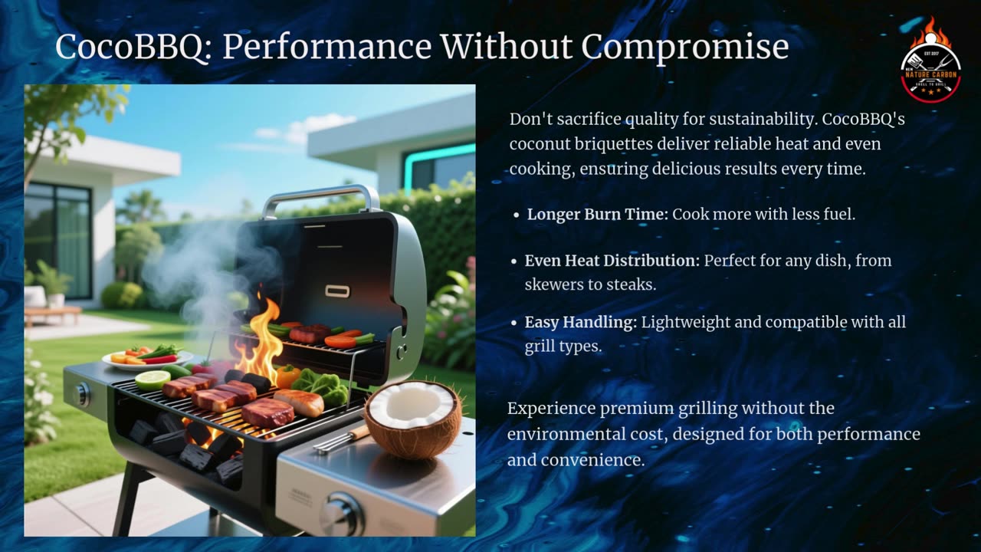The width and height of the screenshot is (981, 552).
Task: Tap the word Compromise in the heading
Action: (x=684, y=47)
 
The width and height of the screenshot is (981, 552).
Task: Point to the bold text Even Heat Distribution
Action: (x=612, y=261)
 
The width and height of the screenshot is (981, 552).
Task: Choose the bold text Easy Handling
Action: (x=580, y=323)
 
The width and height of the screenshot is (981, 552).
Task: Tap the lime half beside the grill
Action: (x=152, y=379)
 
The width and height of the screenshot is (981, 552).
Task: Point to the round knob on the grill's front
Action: (x=342, y=514)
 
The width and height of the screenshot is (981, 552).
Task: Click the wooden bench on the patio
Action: (x=52, y=313)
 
